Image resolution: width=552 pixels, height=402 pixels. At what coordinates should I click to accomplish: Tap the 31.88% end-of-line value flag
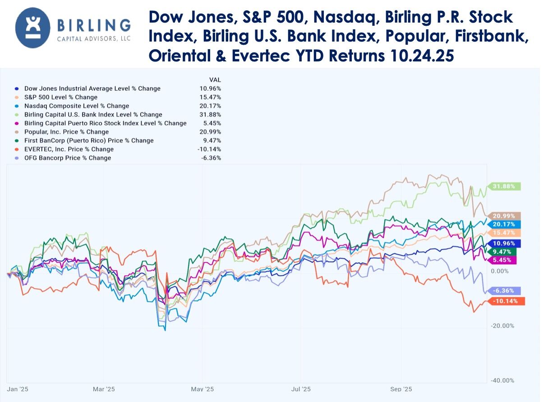[504, 186]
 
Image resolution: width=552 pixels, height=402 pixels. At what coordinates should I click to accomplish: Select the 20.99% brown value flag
[504, 216]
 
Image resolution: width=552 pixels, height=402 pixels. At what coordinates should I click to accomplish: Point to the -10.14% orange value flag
[506, 301]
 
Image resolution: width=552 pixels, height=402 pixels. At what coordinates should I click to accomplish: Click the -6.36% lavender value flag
[504, 291]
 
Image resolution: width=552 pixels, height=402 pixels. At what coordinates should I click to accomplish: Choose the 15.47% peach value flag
[504, 233]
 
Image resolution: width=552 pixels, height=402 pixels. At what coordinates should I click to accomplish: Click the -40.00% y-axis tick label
[502, 380]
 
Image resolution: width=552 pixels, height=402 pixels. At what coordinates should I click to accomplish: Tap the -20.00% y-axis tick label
[502, 326]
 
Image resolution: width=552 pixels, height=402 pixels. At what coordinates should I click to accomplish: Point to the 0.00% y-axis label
[499, 271]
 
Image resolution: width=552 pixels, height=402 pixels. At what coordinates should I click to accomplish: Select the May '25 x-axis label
[202, 389]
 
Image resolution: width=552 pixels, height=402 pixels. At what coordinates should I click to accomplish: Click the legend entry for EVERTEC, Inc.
[69, 149]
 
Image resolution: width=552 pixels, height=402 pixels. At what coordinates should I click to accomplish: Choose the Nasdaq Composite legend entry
[76, 106]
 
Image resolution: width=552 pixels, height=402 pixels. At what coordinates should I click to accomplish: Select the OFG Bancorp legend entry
[68, 158]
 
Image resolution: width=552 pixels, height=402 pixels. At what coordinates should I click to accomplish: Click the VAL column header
[215, 79]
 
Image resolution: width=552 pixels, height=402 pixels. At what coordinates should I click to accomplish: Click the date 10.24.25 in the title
[422, 56]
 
